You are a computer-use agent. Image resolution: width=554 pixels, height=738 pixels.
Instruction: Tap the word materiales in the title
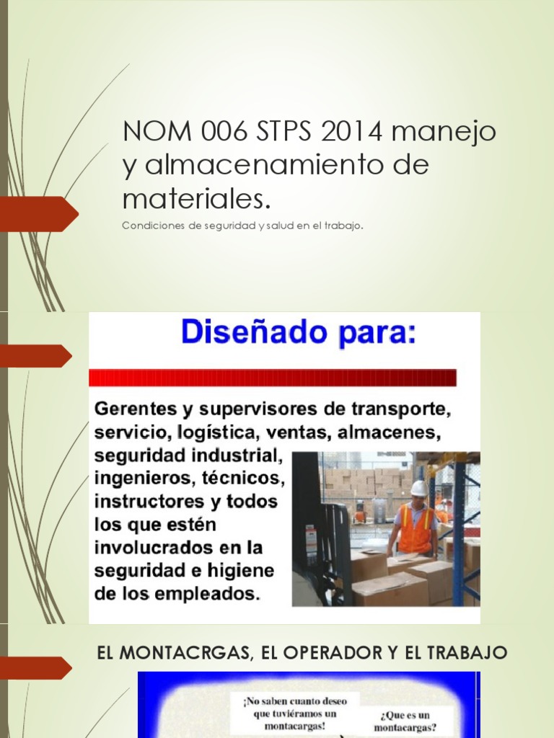click(198, 197)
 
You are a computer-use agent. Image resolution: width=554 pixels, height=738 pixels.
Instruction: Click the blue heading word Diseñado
click(255, 334)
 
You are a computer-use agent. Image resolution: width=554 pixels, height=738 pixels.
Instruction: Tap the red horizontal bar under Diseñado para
click(273, 378)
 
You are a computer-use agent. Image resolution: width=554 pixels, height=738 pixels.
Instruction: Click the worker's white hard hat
click(418, 488)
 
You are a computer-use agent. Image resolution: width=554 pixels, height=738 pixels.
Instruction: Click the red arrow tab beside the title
click(39, 214)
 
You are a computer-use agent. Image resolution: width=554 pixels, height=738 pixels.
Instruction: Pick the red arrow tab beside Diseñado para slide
click(36, 355)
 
